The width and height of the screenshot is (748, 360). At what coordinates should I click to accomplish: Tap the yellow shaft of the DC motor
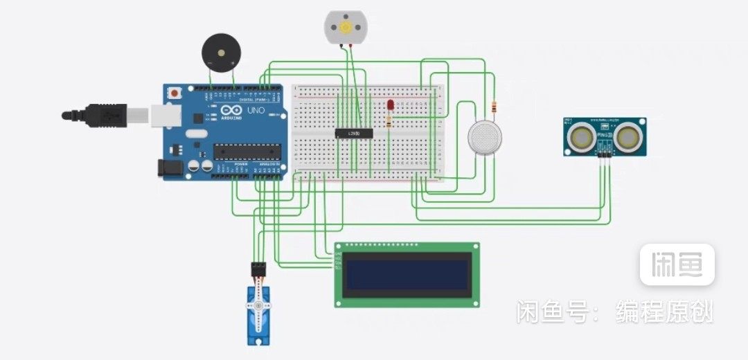[344, 27]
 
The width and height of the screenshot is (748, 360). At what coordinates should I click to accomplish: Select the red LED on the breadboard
[391, 105]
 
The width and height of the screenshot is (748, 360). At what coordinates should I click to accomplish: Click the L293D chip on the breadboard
[354, 133]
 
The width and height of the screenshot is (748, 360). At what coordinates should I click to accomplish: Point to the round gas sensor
[485, 137]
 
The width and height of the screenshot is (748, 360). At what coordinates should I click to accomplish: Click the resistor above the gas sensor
[494, 107]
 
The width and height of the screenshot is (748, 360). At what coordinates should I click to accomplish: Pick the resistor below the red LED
[389, 122]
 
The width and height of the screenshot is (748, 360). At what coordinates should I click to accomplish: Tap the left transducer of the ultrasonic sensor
[581, 138]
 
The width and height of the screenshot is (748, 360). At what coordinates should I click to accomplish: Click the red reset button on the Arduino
[175, 92]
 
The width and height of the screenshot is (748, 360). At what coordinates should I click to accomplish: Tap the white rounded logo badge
[677, 264]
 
